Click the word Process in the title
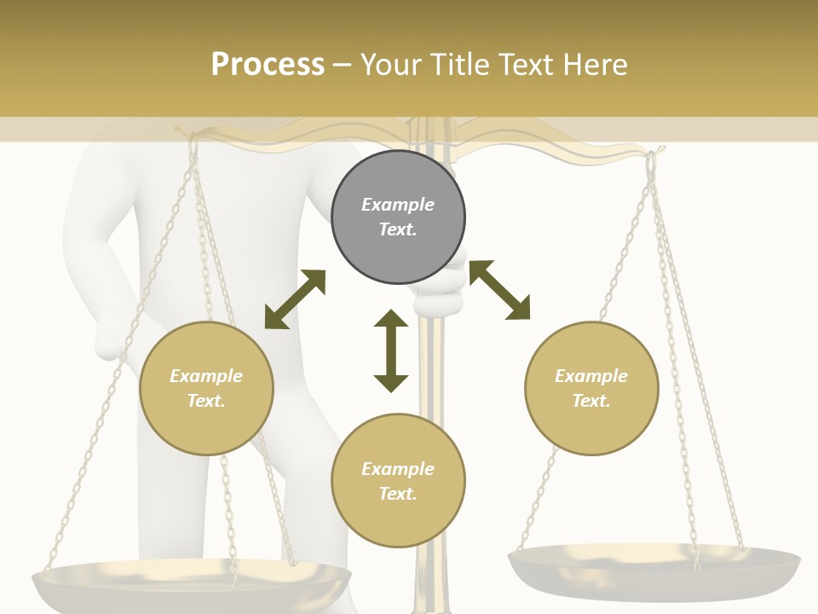click(268, 64)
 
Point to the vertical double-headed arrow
click(391, 350)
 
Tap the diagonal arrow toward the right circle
click(499, 290)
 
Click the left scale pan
click(192, 584)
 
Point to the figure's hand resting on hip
click(111, 341)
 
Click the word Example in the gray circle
click(398, 205)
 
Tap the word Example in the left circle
click(206, 376)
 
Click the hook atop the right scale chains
click(654, 158)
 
